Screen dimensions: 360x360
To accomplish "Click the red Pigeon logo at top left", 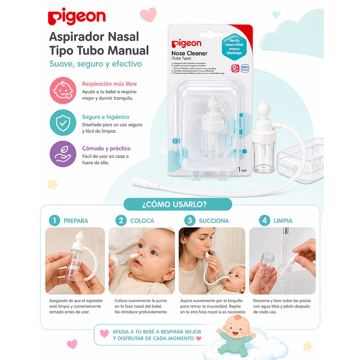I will pyautogui.click(x=77, y=17).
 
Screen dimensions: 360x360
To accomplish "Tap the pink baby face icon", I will pyautogui.click(x=63, y=90).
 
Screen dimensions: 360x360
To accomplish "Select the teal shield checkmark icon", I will pyautogui.click(x=63, y=122).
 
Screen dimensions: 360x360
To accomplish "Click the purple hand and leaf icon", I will pyautogui.click(x=63, y=154).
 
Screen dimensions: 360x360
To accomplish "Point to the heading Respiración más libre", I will pyautogui.click(x=109, y=84).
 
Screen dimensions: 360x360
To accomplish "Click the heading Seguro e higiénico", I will pyautogui.click(x=106, y=117).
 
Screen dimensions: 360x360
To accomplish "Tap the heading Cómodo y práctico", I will pyautogui.click(x=106, y=148).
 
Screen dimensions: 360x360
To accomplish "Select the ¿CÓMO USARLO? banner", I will pyautogui.click(x=178, y=204).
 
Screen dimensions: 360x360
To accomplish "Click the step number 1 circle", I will pyautogui.click(x=55, y=220).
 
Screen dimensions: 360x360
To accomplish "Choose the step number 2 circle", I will pyautogui.click(x=121, y=220).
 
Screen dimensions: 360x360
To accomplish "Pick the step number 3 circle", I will pyautogui.click(x=189, y=220).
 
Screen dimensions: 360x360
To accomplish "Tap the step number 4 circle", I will pyautogui.click(x=264, y=220).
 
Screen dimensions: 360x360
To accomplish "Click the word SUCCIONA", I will pyautogui.click(x=214, y=220).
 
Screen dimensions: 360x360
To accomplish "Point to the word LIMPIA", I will pyautogui.click(x=283, y=220).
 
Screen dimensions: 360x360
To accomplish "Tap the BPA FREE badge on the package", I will pyautogui.click(x=245, y=68).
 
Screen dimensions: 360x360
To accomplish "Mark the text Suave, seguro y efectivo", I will pyautogui.click(x=95, y=64).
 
